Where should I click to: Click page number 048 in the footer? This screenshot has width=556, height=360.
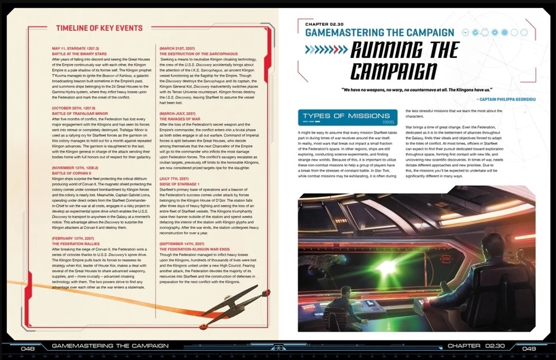[x=28, y=347]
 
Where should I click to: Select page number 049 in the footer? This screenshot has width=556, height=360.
[x=528, y=347]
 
